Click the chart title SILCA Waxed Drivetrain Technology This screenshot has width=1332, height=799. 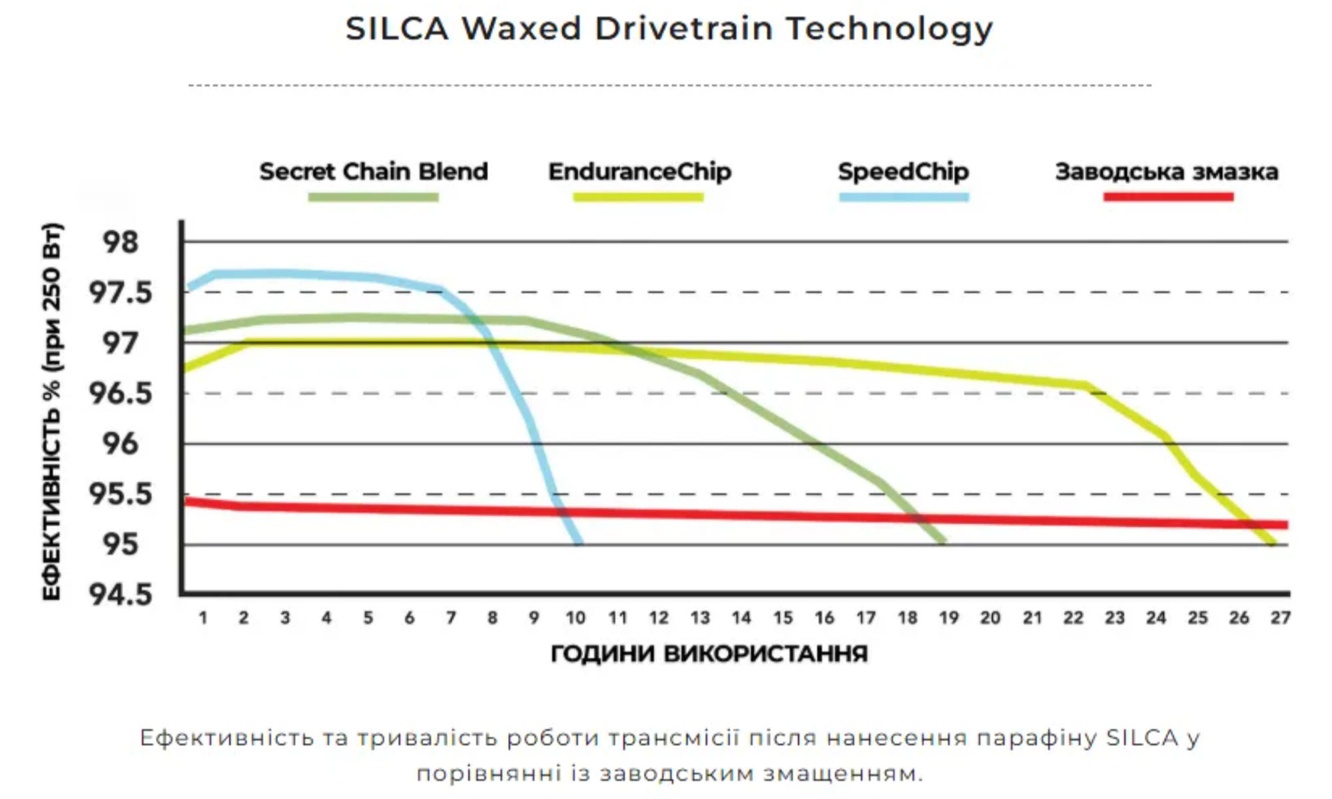click(x=669, y=29)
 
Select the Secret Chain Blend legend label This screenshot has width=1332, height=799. click(x=373, y=172)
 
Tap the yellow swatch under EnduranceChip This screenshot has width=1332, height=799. click(x=638, y=197)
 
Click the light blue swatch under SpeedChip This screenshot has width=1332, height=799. click(x=904, y=197)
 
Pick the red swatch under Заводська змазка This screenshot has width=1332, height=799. click(x=1168, y=196)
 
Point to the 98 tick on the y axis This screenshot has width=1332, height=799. click(x=121, y=242)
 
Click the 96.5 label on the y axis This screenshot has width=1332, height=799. click(x=121, y=394)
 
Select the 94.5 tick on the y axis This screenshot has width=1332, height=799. click(x=121, y=594)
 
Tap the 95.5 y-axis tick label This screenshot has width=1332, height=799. click(x=121, y=494)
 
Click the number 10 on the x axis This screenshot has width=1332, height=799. click(x=575, y=619)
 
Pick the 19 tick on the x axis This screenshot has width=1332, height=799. click(x=948, y=619)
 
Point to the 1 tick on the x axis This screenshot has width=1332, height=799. click(x=203, y=619)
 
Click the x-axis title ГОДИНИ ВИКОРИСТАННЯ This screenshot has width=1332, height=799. click(x=709, y=654)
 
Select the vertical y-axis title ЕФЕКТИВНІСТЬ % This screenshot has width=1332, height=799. click(x=52, y=411)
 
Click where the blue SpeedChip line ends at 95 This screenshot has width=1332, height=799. click(x=579, y=543)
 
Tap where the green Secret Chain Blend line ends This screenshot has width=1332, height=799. click(x=942, y=542)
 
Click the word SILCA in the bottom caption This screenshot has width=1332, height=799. click(x=1142, y=738)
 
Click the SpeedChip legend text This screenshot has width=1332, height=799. click(x=903, y=172)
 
